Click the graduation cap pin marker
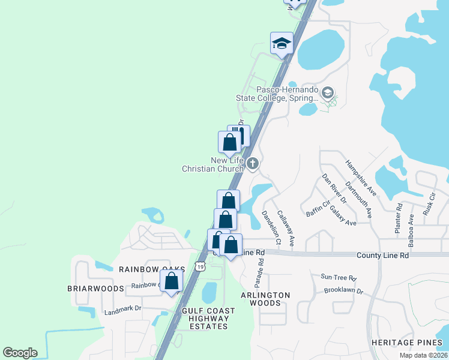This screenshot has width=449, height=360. pyautogui.click(x=282, y=44)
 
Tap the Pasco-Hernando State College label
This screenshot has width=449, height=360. pyautogui.click(x=287, y=94)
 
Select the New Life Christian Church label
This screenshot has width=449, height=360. pyautogui.click(x=213, y=164)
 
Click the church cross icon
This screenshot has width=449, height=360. pyautogui.click(x=253, y=163)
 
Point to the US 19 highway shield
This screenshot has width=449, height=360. pyautogui.click(x=199, y=266)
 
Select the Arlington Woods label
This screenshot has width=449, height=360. pyautogui.click(x=265, y=299)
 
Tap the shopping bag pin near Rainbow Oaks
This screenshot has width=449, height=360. pyautogui.click(x=171, y=281)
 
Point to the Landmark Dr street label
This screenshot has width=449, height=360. pyautogui.click(x=122, y=308)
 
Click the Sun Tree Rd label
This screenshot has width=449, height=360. pyautogui.click(x=339, y=278)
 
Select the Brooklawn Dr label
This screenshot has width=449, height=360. pyautogui.click(x=343, y=291)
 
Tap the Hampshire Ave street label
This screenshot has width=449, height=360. pyautogui.click(x=360, y=178)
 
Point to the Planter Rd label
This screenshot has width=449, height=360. pyautogui.click(x=399, y=214)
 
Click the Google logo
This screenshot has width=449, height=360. pyautogui.click(x=20, y=353)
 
